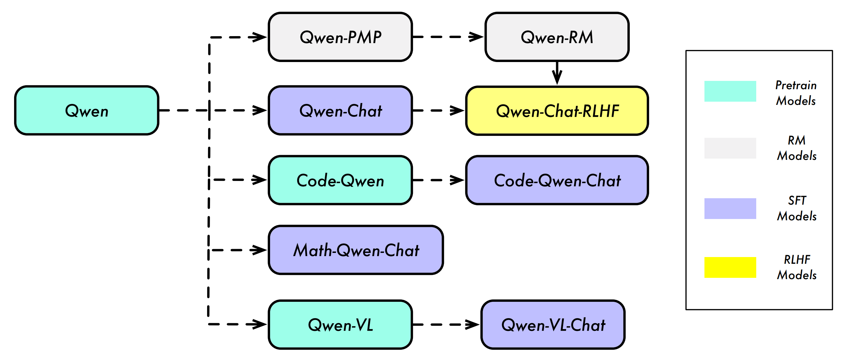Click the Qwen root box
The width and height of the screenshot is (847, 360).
coord(87,111)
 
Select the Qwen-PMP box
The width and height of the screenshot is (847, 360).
coord(340,37)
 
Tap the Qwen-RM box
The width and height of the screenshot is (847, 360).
coord(557,37)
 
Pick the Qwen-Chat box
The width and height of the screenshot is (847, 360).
coord(340,111)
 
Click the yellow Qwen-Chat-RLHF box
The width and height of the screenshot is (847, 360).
coord(557,111)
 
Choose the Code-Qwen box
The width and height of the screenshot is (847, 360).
coord(340,180)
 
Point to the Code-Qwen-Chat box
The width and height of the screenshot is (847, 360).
coord(557,180)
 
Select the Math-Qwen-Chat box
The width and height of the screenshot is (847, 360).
coord(356,250)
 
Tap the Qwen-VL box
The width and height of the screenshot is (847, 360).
coord(340,325)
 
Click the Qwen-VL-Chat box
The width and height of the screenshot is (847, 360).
coord(553,325)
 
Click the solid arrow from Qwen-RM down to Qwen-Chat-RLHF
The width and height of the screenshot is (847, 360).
coord(557,73)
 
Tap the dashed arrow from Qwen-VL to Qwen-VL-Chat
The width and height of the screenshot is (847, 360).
coord(446,325)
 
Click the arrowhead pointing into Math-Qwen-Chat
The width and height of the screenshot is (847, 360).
coord(259,250)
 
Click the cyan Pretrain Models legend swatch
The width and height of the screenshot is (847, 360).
coord(730,91)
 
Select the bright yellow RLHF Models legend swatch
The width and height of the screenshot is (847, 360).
coord(730,267)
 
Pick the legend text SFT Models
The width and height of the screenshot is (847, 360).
coord(796,208)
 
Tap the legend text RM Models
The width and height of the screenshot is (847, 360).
coord(796,148)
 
